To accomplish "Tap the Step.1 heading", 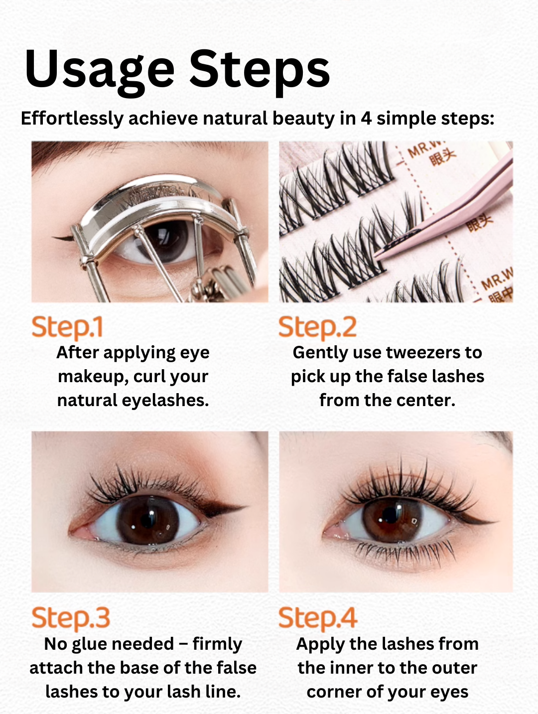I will [67, 327].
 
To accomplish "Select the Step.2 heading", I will [317, 327].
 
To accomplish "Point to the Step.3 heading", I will [70, 618].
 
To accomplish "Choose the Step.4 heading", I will [317, 618].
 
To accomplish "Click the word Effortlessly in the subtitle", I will [72, 119].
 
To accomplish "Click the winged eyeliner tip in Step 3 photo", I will [243, 508].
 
